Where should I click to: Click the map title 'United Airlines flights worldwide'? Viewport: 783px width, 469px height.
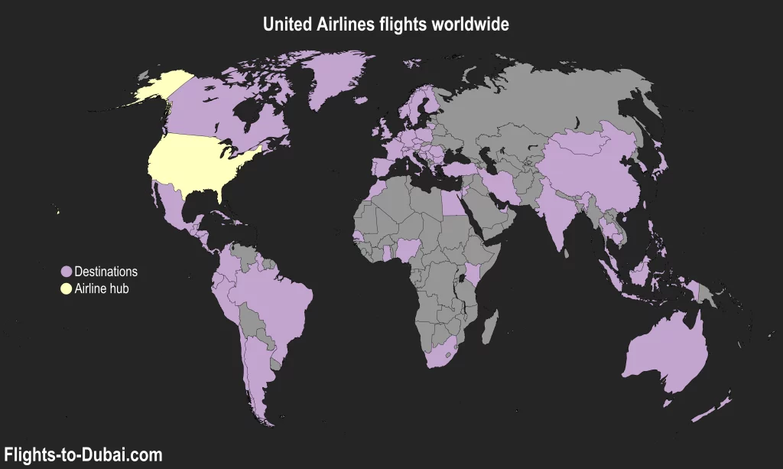click(x=385, y=24)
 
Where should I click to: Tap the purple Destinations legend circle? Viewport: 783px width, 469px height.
click(x=66, y=272)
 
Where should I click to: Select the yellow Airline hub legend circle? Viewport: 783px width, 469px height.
click(x=66, y=288)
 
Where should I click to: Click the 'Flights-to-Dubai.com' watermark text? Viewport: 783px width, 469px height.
click(x=83, y=455)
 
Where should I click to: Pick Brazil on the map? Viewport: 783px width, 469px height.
click(x=275, y=298)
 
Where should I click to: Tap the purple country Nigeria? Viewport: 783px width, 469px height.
click(x=411, y=249)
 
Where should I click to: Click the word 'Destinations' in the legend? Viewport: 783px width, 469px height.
click(x=106, y=272)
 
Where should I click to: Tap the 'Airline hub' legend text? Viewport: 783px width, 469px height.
click(x=102, y=288)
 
